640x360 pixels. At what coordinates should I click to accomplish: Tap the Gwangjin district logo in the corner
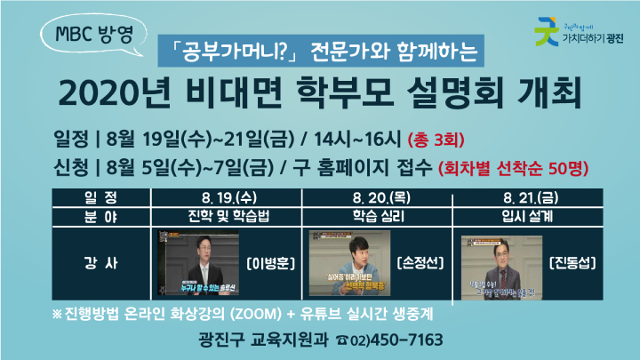tap(579, 35)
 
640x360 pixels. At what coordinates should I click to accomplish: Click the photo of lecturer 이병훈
tap(199, 264)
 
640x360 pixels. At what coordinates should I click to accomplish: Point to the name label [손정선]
tap(417, 264)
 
